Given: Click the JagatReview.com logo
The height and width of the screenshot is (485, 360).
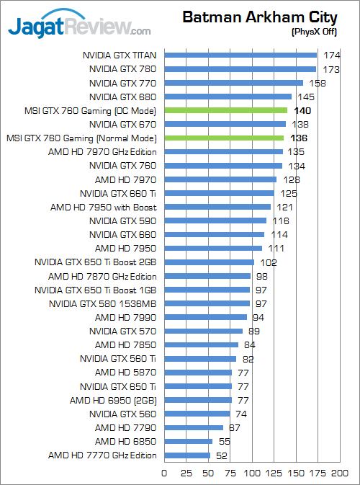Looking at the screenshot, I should [79, 27].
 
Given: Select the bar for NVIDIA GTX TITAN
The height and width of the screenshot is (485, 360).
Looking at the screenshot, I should [240, 55].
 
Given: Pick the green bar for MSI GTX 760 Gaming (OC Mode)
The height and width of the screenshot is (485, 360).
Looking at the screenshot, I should [226, 110].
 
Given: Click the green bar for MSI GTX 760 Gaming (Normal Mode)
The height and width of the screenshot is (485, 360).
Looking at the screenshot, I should [224, 138].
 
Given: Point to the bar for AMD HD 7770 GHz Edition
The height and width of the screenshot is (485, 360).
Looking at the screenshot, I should [187, 455].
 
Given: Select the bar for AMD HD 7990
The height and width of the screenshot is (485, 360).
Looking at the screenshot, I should [206, 317].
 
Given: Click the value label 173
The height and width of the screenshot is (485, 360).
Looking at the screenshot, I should [331, 69].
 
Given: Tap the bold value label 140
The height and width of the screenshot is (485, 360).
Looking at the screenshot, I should [302, 110].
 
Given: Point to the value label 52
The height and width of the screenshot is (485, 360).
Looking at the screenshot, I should [222, 455].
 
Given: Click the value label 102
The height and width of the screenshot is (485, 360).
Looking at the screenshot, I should [268, 262].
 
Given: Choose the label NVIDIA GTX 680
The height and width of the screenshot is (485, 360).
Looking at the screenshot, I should [122, 97].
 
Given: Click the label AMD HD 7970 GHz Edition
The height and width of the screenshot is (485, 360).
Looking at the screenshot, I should [102, 152].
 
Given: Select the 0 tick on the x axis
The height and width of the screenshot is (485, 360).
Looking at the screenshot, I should [165, 473].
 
